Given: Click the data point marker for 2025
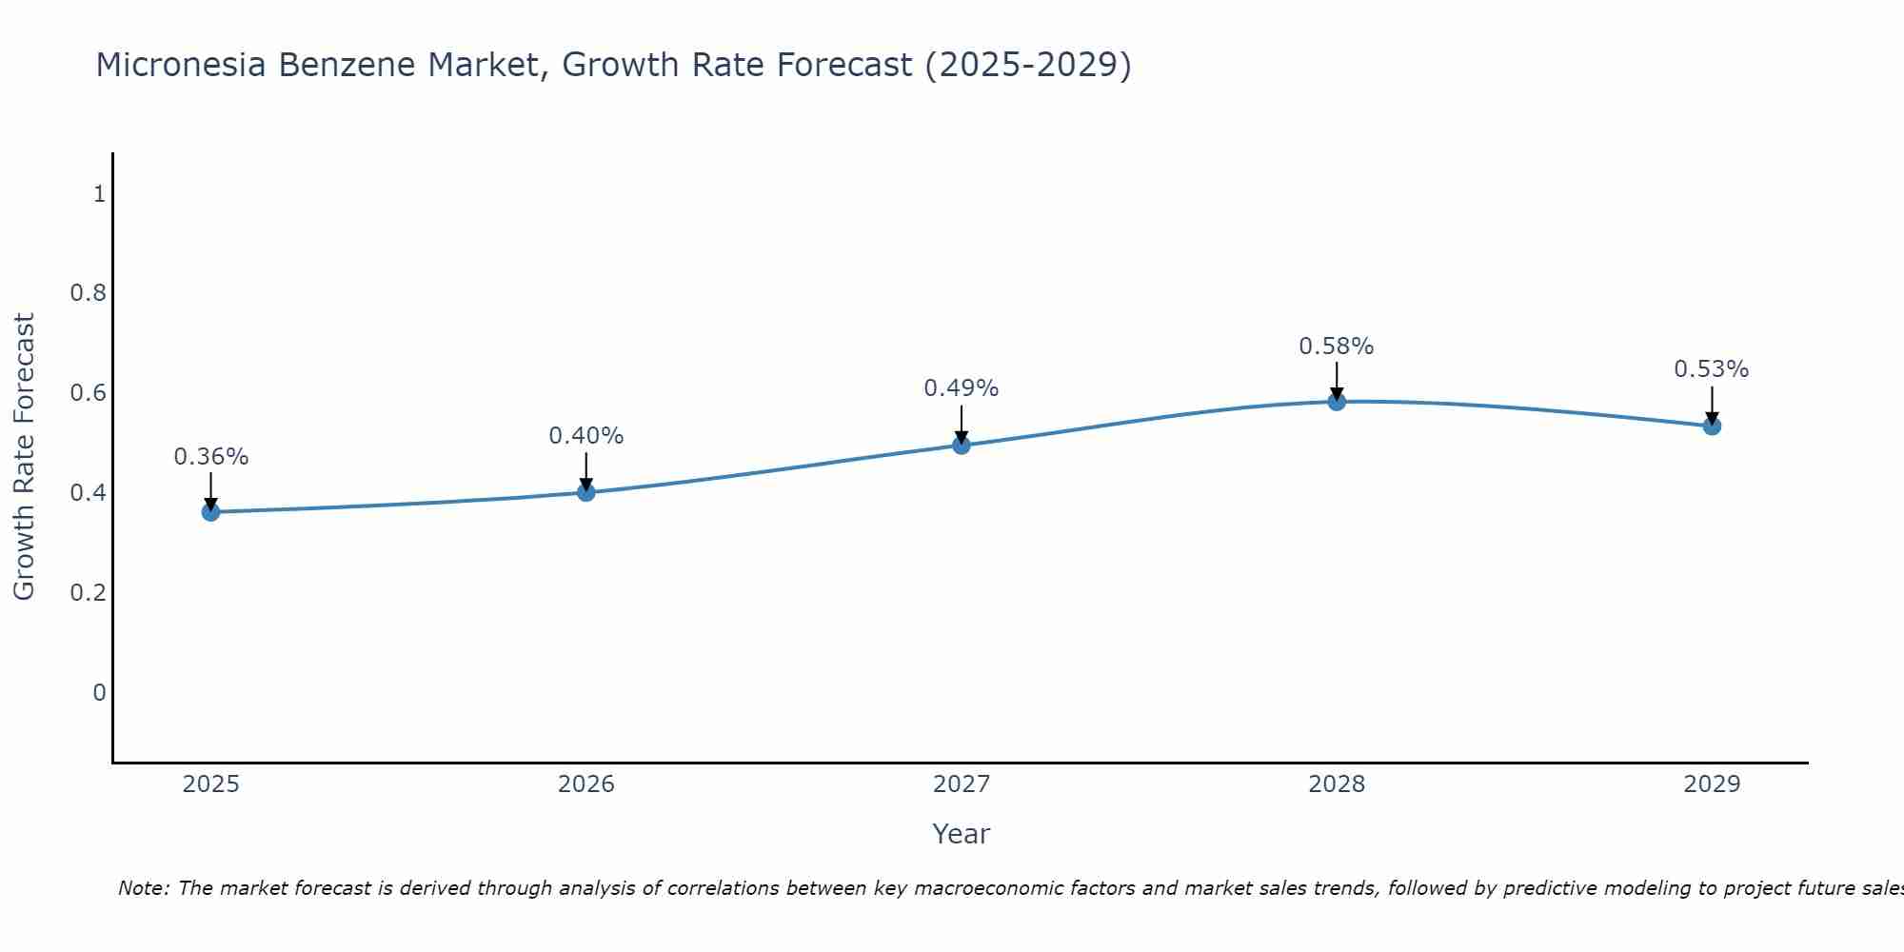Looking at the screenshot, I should (210, 512).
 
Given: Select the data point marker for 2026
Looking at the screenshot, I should (586, 492).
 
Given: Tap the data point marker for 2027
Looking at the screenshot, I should (962, 445).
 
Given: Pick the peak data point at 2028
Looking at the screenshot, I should (1337, 401).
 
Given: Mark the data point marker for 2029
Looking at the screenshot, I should (1712, 426).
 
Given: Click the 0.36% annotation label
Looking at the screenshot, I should (210, 457).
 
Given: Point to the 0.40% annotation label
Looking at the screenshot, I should (586, 436).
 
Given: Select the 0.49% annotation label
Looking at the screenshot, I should (962, 388).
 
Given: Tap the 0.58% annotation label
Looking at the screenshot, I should (1337, 347).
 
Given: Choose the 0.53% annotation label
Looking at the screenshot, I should (1712, 369).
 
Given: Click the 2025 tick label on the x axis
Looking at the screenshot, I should (210, 784).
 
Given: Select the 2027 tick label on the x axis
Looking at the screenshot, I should (962, 784).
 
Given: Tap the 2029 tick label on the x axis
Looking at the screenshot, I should (1712, 784).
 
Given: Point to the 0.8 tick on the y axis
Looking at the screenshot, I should (88, 293).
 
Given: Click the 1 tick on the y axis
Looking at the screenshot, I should (98, 194).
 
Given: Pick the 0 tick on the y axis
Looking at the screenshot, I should (98, 692).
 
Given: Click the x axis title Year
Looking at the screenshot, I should (962, 834).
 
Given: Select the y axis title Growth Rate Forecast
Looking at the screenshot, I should (25, 457).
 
